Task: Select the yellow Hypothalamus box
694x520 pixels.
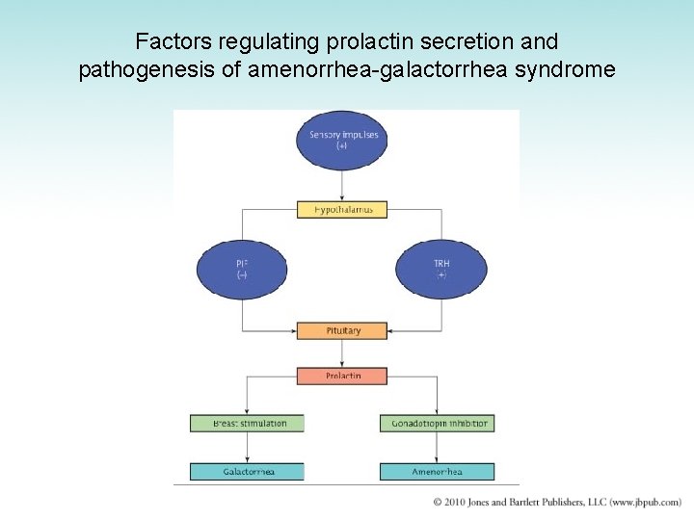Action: click(x=342, y=209)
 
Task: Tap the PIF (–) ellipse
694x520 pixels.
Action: click(x=242, y=268)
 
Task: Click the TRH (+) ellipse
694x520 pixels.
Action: click(x=441, y=268)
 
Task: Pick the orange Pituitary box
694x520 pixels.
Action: click(x=342, y=330)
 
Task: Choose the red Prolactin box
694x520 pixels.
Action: click(x=342, y=376)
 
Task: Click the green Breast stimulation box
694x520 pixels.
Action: click(x=247, y=423)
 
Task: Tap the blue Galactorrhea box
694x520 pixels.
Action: click(x=247, y=472)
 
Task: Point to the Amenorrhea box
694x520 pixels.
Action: click(x=438, y=472)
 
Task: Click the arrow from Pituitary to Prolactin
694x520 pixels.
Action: click(x=342, y=353)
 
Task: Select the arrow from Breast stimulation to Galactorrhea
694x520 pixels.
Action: click(x=247, y=448)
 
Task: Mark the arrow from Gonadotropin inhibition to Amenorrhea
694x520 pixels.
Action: click(x=438, y=448)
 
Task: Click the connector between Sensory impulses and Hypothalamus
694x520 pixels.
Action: click(x=342, y=185)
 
